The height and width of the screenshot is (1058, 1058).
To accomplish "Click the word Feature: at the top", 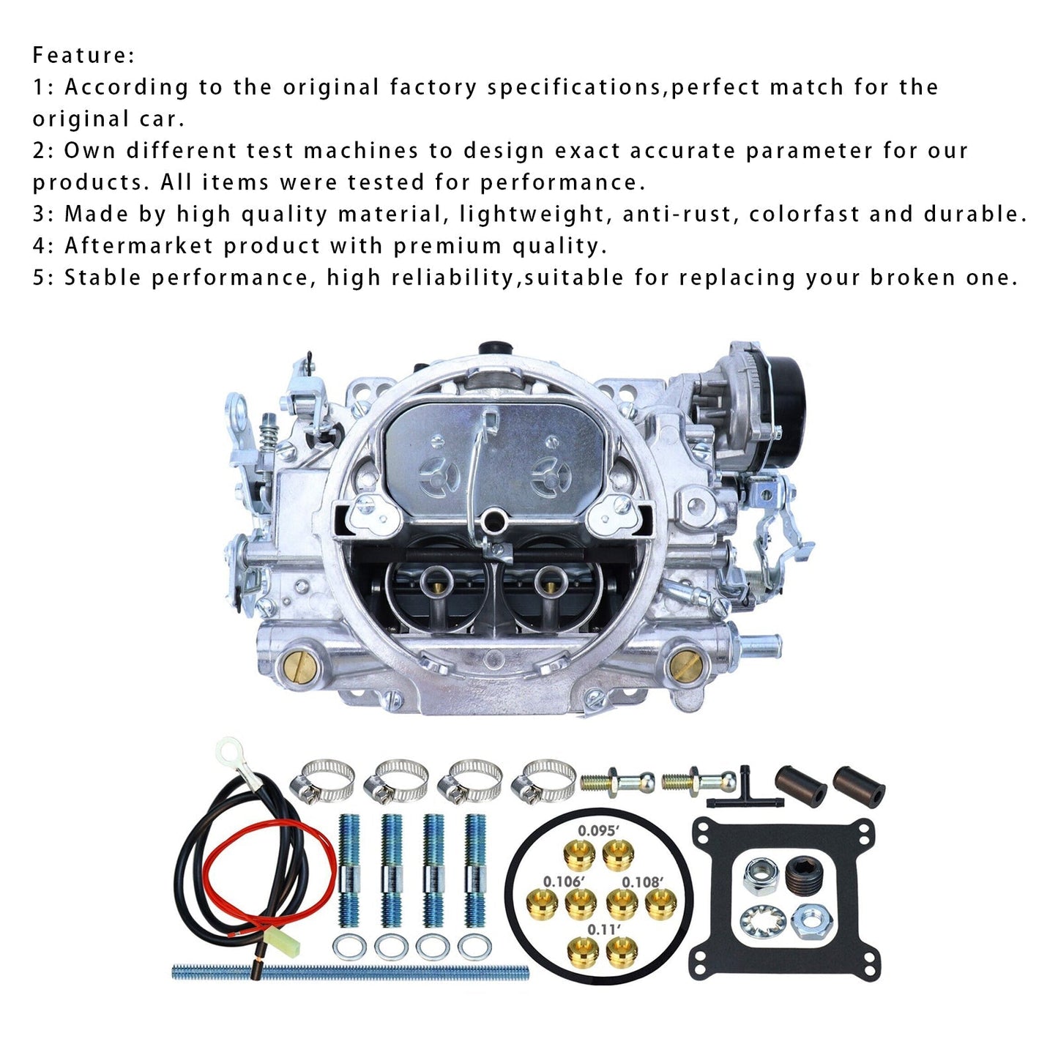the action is tap(83, 56).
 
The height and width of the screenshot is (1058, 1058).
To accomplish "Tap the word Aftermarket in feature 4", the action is tap(138, 245).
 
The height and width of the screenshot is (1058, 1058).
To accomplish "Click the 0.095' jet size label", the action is tap(598, 831).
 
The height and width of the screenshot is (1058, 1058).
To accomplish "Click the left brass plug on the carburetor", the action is tap(298, 666).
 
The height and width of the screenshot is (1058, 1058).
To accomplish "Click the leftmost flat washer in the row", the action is tap(349, 947).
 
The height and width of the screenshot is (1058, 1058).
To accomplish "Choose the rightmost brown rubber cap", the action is tap(859, 787).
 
